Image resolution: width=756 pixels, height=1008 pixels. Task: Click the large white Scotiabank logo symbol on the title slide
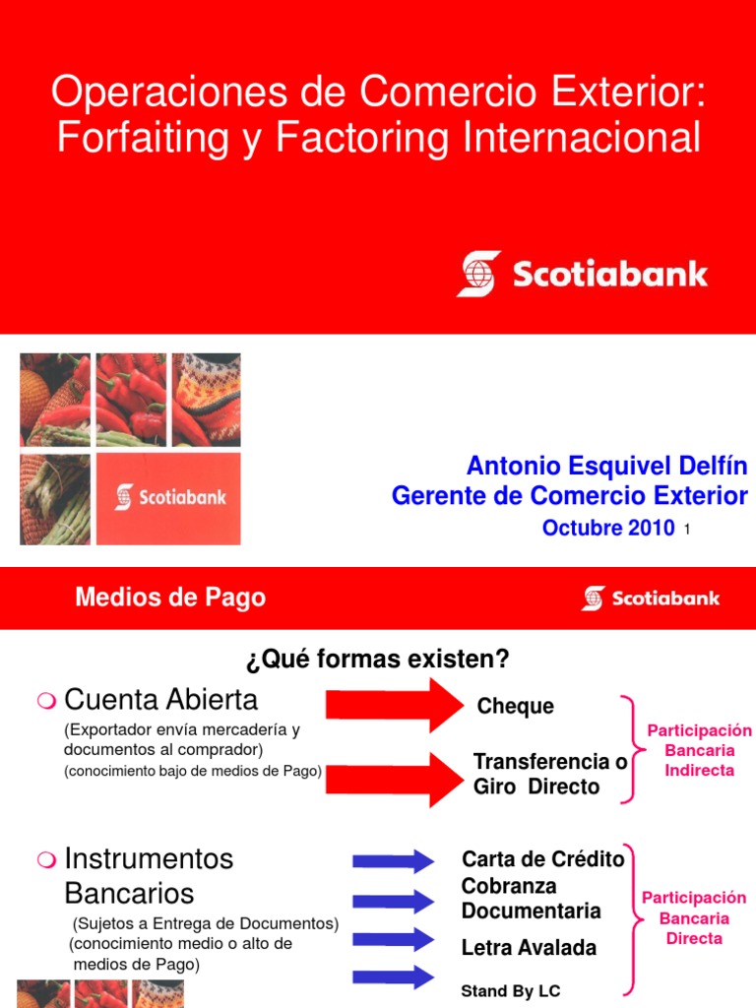tap(478, 274)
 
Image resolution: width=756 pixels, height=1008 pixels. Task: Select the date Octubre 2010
tap(607, 528)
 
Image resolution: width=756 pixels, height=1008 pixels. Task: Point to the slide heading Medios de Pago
tap(170, 597)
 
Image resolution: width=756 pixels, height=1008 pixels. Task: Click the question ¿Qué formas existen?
tap(378, 659)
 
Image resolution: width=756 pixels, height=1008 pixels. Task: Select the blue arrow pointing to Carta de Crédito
tap(393, 861)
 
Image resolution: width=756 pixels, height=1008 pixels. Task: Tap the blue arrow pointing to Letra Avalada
tap(393, 940)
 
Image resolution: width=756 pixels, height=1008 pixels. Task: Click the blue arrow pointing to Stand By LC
tap(393, 976)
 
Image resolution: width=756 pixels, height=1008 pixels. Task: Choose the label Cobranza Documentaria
tap(531, 898)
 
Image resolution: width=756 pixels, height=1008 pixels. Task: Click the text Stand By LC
tap(511, 990)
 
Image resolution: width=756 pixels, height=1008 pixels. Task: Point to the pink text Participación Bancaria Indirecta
tap(699, 750)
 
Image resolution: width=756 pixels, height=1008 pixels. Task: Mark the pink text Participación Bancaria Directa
tap(694, 917)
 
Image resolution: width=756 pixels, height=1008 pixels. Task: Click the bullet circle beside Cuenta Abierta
tap(44, 701)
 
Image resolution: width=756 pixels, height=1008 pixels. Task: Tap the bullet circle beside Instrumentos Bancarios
tap(44, 860)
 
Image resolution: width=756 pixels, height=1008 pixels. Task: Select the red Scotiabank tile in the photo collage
tap(167, 497)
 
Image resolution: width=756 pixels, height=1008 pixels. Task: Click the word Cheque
tap(515, 707)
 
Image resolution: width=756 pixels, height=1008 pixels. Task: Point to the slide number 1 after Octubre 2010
tap(686, 531)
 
